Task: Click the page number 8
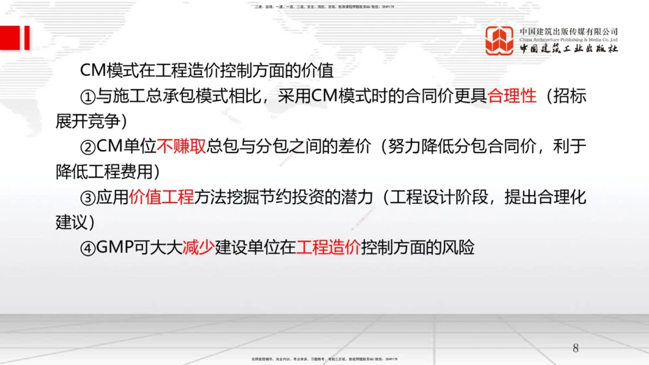pos(576,347)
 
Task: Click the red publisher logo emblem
pos(500,40)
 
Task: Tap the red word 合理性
pos(512,96)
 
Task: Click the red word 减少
pos(198,247)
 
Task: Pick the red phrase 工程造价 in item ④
pos(328,247)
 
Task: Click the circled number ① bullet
pos(88,97)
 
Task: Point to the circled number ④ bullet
pos(88,247)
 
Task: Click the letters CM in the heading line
pos(92,71)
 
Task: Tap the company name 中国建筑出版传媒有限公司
pos(569,31)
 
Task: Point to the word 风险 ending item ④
pos(459,247)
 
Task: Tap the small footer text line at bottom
pos(324,359)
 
